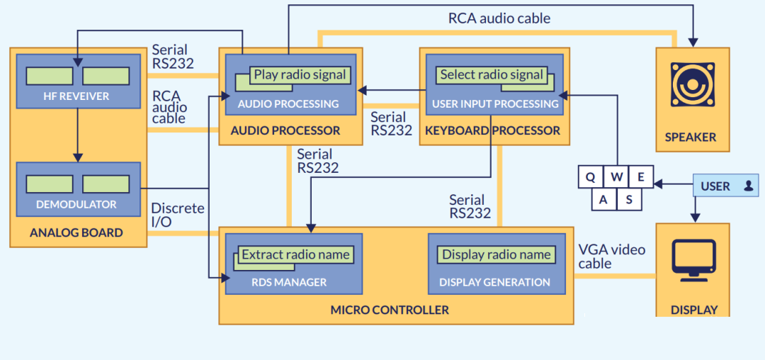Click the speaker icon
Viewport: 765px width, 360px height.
pyautogui.click(x=693, y=84)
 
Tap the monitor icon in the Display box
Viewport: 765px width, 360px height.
pyautogui.click(x=693, y=260)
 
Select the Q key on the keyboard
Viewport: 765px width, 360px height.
pyautogui.click(x=590, y=176)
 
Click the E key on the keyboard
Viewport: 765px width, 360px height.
pyautogui.click(x=641, y=176)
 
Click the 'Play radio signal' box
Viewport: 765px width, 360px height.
pyautogui.click(x=300, y=74)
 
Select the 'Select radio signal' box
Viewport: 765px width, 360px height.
pyautogui.click(x=492, y=74)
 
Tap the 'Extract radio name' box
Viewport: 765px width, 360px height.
pyautogui.click(x=295, y=254)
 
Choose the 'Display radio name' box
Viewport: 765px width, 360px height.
pyautogui.click(x=496, y=254)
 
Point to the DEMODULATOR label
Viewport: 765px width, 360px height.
pyautogui.click(x=76, y=204)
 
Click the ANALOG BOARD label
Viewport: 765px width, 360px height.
pyautogui.click(x=76, y=232)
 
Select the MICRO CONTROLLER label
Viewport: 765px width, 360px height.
pyautogui.click(x=390, y=310)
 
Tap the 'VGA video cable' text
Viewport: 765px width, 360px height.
pyautogui.click(x=612, y=257)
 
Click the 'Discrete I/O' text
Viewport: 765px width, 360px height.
pyautogui.click(x=178, y=215)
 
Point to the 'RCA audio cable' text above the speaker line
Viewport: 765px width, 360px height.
pyautogui.click(x=499, y=18)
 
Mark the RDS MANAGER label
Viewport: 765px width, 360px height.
pyautogui.click(x=289, y=283)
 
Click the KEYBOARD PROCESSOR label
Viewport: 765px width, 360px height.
pyautogui.click(x=493, y=130)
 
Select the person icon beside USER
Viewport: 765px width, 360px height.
pyautogui.click(x=749, y=186)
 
